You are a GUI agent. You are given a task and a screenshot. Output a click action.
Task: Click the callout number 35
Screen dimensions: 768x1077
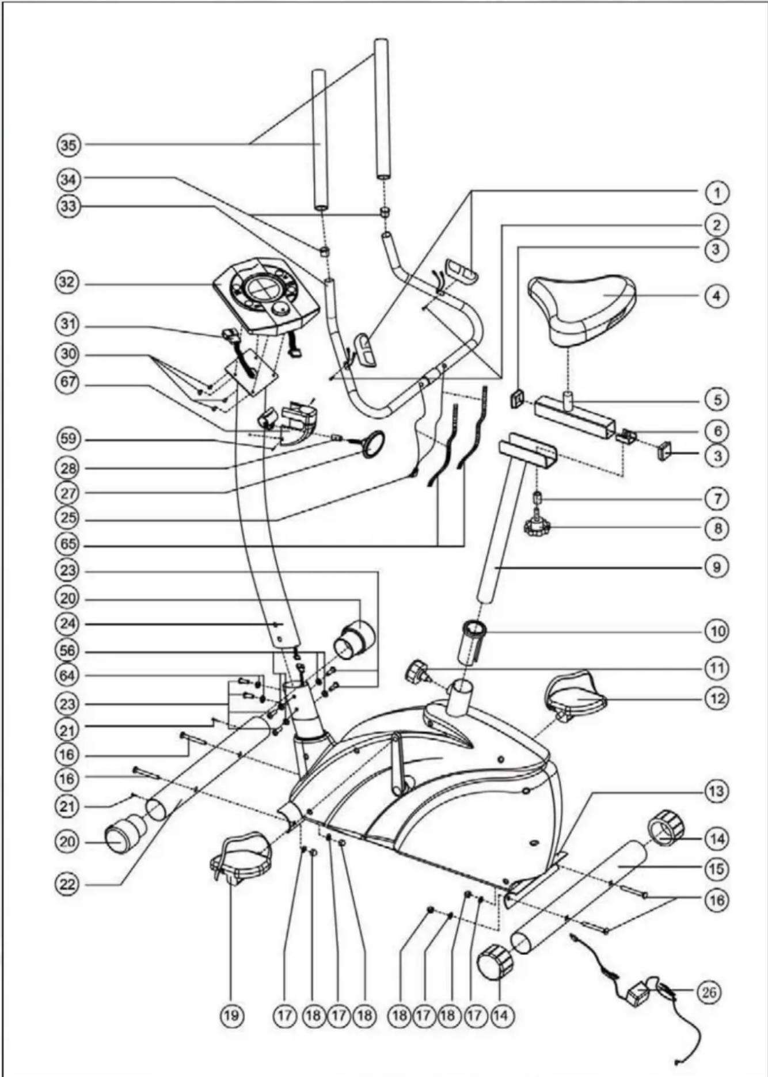(69, 144)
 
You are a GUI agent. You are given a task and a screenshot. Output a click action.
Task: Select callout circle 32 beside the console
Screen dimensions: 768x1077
(68, 283)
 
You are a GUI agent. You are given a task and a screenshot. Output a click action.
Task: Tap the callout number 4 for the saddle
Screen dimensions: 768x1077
(717, 296)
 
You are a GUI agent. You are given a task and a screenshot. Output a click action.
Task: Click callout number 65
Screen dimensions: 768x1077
(68, 545)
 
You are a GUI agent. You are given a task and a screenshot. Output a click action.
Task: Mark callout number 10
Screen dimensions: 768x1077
(717, 631)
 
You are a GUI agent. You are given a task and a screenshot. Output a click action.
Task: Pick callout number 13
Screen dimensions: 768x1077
(717, 791)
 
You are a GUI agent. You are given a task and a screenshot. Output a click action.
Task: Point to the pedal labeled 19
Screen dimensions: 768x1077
(239, 859)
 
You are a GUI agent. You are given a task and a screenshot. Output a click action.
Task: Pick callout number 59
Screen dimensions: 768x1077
(68, 440)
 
